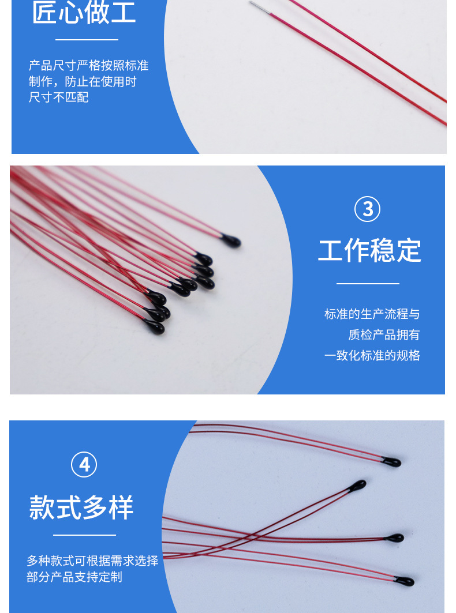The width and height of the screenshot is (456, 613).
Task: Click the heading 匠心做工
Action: click(84, 13)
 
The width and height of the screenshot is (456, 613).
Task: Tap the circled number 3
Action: click(368, 209)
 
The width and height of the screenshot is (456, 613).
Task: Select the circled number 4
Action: click(84, 465)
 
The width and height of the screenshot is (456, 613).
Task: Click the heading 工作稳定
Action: click(369, 250)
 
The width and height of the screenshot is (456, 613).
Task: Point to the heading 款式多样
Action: click(81, 507)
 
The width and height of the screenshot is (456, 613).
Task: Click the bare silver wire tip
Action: click(258, 6)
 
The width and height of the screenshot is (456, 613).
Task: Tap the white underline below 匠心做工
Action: click(87, 40)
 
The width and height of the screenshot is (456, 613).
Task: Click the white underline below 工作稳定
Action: click(368, 284)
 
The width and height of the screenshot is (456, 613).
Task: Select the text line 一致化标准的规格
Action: click(372, 355)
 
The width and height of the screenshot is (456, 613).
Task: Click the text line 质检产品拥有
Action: click(384, 334)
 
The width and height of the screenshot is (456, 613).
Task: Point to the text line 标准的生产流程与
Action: click(372, 314)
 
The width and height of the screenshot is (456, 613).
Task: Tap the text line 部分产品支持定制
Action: click(74, 577)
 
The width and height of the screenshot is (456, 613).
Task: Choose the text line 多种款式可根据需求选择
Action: click(92, 561)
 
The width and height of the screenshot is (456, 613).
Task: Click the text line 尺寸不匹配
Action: click(59, 97)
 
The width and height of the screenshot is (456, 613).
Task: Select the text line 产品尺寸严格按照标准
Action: click(88, 65)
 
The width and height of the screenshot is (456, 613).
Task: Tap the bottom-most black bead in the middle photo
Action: click(156, 328)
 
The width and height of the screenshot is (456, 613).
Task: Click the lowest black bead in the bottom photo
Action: click(405, 581)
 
